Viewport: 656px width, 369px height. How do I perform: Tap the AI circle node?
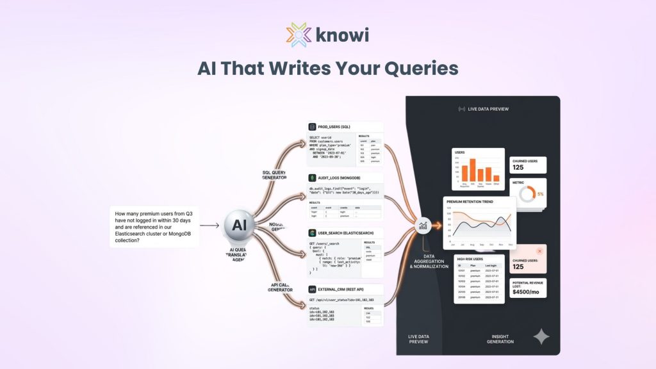[239, 225]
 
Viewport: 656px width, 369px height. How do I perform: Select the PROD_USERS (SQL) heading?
[334, 127]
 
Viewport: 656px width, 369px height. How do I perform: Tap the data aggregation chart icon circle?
[423, 225]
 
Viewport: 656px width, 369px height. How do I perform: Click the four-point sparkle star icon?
[542, 337]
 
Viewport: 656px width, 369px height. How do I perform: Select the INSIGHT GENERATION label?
[500, 339]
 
